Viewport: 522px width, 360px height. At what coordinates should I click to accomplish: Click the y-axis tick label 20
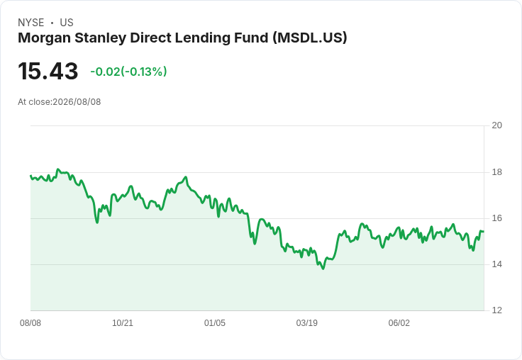tap(496, 125)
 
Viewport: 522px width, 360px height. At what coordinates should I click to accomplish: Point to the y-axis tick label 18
tap(496, 172)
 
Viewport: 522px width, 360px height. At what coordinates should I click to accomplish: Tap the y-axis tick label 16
tap(496, 218)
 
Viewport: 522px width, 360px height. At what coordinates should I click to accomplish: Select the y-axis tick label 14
tap(496, 264)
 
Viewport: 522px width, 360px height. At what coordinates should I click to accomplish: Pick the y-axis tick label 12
tap(496, 310)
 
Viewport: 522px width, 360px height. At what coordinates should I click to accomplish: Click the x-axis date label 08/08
tap(30, 323)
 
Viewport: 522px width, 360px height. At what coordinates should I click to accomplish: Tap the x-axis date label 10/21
tap(123, 323)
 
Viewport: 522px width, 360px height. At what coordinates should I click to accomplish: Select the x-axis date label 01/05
tap(215, 323)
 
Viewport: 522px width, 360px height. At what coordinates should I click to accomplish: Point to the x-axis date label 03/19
tap(307, 323)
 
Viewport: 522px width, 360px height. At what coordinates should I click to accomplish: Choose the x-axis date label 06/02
tap(399, 323)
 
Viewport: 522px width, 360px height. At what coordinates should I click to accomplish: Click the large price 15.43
tap(48, 71)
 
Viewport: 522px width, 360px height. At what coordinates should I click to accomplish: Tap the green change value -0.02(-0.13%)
tap(128, 72)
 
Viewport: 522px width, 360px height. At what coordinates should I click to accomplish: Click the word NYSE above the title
tap(31, 23)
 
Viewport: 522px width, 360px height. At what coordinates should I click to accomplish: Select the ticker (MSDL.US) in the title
tap(310, 38)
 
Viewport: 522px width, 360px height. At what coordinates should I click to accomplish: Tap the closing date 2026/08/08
tap(77, 102)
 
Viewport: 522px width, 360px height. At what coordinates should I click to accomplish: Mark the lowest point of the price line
tap(323, 269)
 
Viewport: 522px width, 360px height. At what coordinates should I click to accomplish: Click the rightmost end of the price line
tap(484, 231)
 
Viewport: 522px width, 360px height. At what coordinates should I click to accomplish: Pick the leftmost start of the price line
tap(30, 175)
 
